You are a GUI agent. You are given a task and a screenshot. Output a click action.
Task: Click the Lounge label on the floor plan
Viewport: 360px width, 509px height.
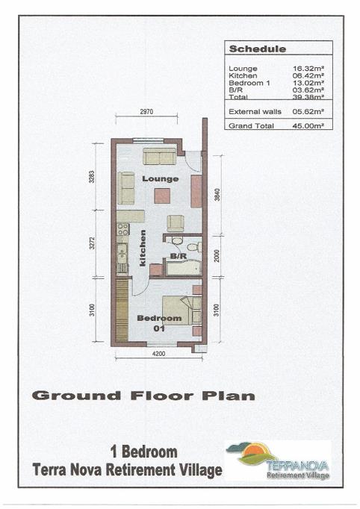(160, 179)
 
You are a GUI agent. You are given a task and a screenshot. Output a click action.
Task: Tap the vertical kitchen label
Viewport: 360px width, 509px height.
(143, 249)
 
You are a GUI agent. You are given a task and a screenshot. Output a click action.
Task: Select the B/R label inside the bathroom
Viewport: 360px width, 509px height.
(179, 256)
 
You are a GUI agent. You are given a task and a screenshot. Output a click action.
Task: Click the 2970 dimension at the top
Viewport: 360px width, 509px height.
(146, 112)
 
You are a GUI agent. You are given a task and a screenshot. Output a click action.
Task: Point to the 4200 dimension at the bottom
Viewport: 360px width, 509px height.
(159, 354)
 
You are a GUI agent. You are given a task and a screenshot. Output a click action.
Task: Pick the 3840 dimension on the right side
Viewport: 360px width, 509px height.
(217, 195)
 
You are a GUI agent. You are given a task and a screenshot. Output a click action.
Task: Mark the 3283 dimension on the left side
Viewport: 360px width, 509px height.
(92, 177)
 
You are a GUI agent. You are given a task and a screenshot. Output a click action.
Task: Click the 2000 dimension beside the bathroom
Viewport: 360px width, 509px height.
(217, 256)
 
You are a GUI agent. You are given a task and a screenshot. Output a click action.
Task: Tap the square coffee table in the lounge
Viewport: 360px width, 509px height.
(162, 196)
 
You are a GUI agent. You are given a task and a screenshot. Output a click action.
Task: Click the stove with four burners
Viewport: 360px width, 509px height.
(122, 229)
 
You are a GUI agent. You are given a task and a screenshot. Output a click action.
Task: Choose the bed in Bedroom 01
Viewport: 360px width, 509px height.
(181, 310)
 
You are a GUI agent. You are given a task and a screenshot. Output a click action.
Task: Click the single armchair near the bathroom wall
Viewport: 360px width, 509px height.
(176, 223)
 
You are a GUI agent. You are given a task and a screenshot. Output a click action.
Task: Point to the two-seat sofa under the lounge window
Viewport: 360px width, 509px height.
(160, 156)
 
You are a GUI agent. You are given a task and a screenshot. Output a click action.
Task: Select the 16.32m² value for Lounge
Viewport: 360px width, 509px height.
(308, 69)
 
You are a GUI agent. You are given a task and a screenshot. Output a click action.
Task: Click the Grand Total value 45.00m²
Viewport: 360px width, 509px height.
(308, 126)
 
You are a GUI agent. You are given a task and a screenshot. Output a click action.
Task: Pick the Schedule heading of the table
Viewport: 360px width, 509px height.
(258, 49)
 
